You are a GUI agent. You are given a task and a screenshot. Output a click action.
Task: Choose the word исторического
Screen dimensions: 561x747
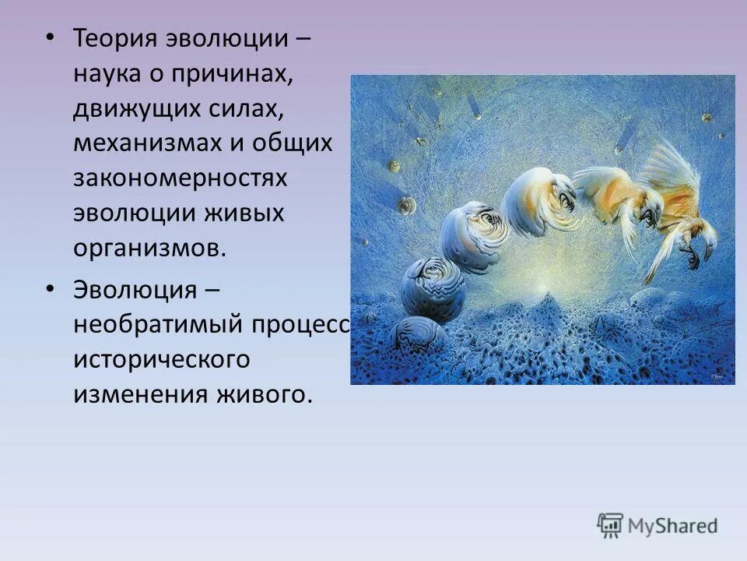click(x=162, y=359)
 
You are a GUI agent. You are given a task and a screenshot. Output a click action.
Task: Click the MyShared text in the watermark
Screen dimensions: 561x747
click(x=673, y=526)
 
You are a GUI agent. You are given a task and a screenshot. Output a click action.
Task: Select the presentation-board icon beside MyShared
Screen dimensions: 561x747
click(x=610, y=525)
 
